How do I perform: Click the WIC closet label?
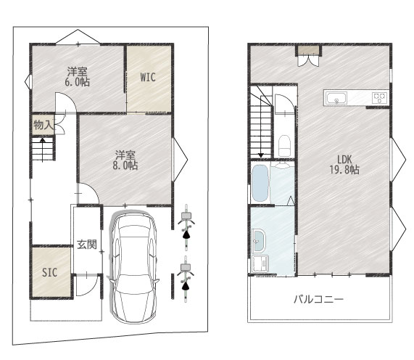148,77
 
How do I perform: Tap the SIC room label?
49,272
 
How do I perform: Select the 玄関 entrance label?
87,244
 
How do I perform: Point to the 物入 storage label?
44,125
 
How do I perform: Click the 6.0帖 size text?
78,82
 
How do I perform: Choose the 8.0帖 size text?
125,165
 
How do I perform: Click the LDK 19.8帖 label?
344,165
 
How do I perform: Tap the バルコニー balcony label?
319,299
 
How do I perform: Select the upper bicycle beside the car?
186,227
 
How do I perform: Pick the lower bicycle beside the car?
186,279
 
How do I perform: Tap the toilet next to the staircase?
284,145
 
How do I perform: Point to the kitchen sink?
336,98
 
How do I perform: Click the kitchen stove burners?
380,98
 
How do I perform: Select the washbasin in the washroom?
259,241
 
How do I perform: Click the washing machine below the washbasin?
260,263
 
